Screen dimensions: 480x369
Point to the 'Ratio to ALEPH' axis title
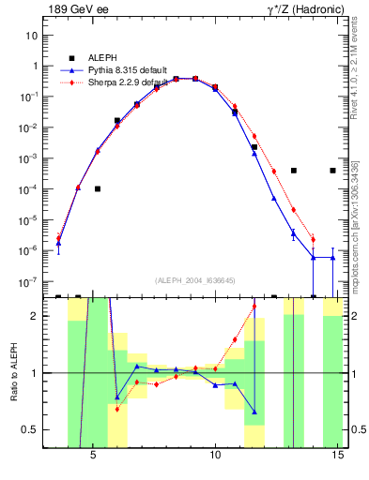[x=12, y=373]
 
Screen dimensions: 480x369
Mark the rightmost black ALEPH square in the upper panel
[x=333, y=171]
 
